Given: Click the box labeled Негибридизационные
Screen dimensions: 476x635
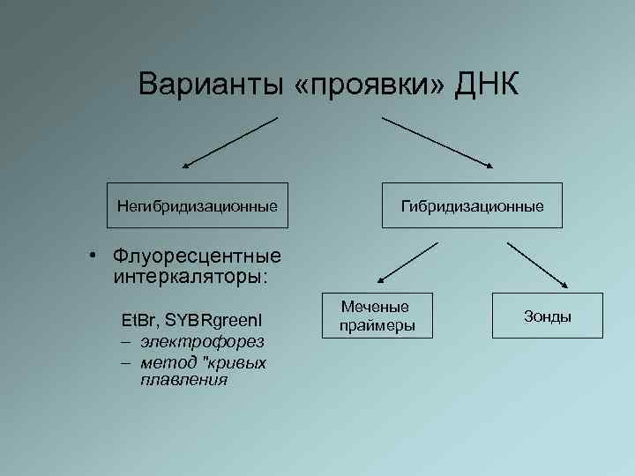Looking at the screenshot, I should point(198,206).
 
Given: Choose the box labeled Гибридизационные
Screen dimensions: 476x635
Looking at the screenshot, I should point(472,206).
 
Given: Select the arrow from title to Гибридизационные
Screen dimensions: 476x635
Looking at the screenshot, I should point(437,142).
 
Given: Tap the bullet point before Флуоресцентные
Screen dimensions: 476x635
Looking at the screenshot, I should point(92,257).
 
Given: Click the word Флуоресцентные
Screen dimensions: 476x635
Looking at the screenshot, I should point(197,257).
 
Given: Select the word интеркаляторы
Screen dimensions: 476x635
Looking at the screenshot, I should point(189,277).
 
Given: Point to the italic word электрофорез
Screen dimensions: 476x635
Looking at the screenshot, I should point(201,340).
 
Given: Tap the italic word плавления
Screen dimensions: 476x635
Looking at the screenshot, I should point(183,380).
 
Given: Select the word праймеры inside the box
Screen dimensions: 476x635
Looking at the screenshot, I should point(375,326).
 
